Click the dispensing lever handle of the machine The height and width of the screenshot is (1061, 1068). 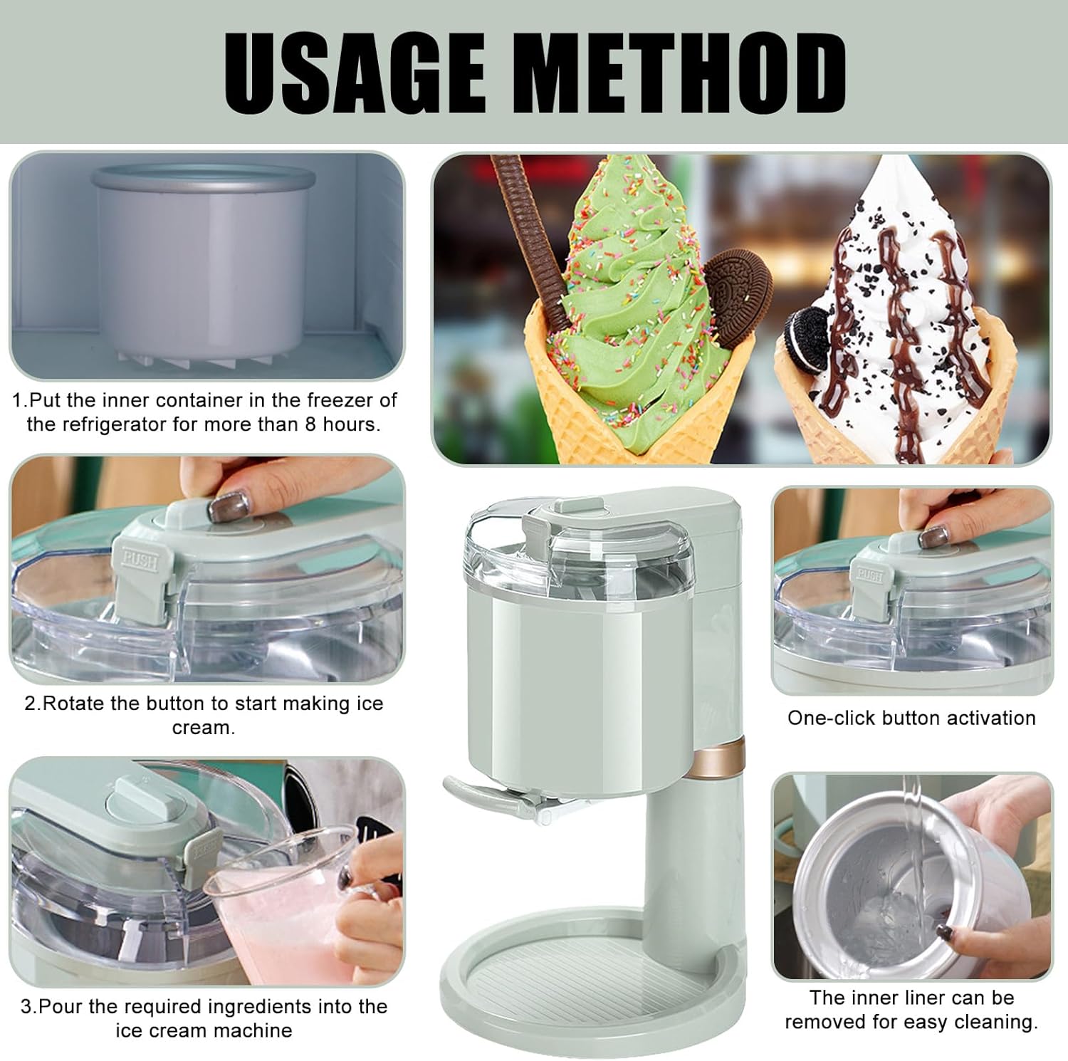470,791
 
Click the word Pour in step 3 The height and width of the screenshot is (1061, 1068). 58,1007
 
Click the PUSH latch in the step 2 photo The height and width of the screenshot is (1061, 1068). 140,560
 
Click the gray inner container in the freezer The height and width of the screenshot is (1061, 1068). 204,263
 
